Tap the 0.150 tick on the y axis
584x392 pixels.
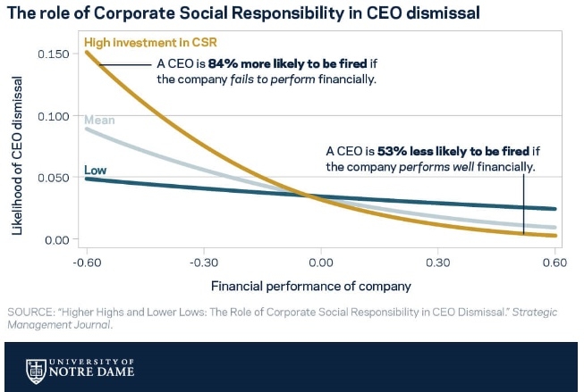(x=57, y=54)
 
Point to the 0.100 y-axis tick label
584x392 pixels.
(x=57, y=115)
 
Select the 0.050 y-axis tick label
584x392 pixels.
(x=57, y=178)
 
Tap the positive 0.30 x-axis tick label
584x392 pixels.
(x=437, y=263)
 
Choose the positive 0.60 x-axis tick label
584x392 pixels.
(x=554, y=263)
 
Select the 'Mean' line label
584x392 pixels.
(x=99, y=121)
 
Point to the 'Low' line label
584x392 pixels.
(x=96, y=171)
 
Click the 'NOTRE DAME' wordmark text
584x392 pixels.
(x=93, y=371)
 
